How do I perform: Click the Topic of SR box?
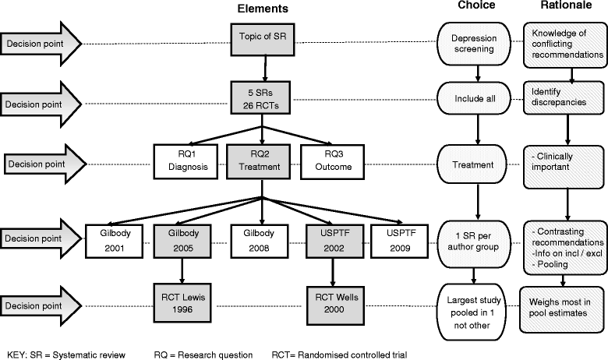[263, 39]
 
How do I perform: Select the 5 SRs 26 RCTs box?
[260, 97]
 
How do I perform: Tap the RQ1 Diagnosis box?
[186, 161]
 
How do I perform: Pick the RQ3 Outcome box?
[333, 161]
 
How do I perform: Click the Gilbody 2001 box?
[114, 241]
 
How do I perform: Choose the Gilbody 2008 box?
[260, 241]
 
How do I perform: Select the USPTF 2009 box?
[399, 241]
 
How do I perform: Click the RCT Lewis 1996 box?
[182, 304]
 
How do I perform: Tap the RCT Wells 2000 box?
[335, 305]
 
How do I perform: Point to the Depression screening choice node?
[474, 44]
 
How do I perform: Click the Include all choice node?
[474, 98]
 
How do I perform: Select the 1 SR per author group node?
[474, 244]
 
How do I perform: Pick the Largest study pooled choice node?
[472, 312]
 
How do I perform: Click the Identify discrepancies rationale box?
[564, 97]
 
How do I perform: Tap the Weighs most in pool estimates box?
[562, 309]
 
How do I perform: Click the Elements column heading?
[263, 9]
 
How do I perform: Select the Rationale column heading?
[566, 5]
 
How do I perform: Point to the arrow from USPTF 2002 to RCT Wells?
[333, 273]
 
